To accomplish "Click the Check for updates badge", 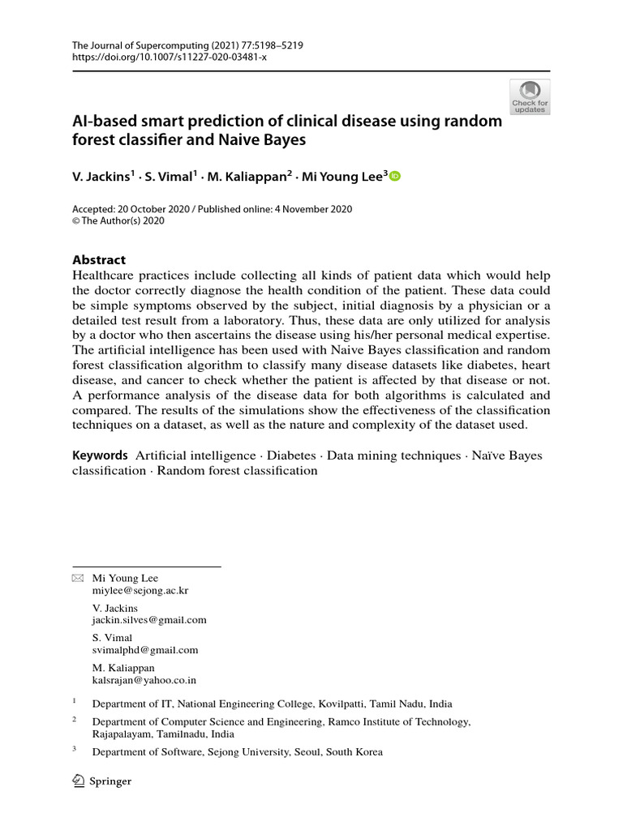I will pos(530,96).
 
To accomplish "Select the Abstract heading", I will pos(99,260).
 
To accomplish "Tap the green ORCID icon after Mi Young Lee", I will pos(395,177).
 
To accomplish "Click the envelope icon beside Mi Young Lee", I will pos(78,578).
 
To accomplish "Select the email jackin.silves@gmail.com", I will pos(149,620).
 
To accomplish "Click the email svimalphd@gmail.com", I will pos(145,649).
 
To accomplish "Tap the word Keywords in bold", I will pos(100,456).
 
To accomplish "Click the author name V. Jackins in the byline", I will pos(101,178).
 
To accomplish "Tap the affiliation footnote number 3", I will pos(75,749).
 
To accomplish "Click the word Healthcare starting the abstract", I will pos(104,276).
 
